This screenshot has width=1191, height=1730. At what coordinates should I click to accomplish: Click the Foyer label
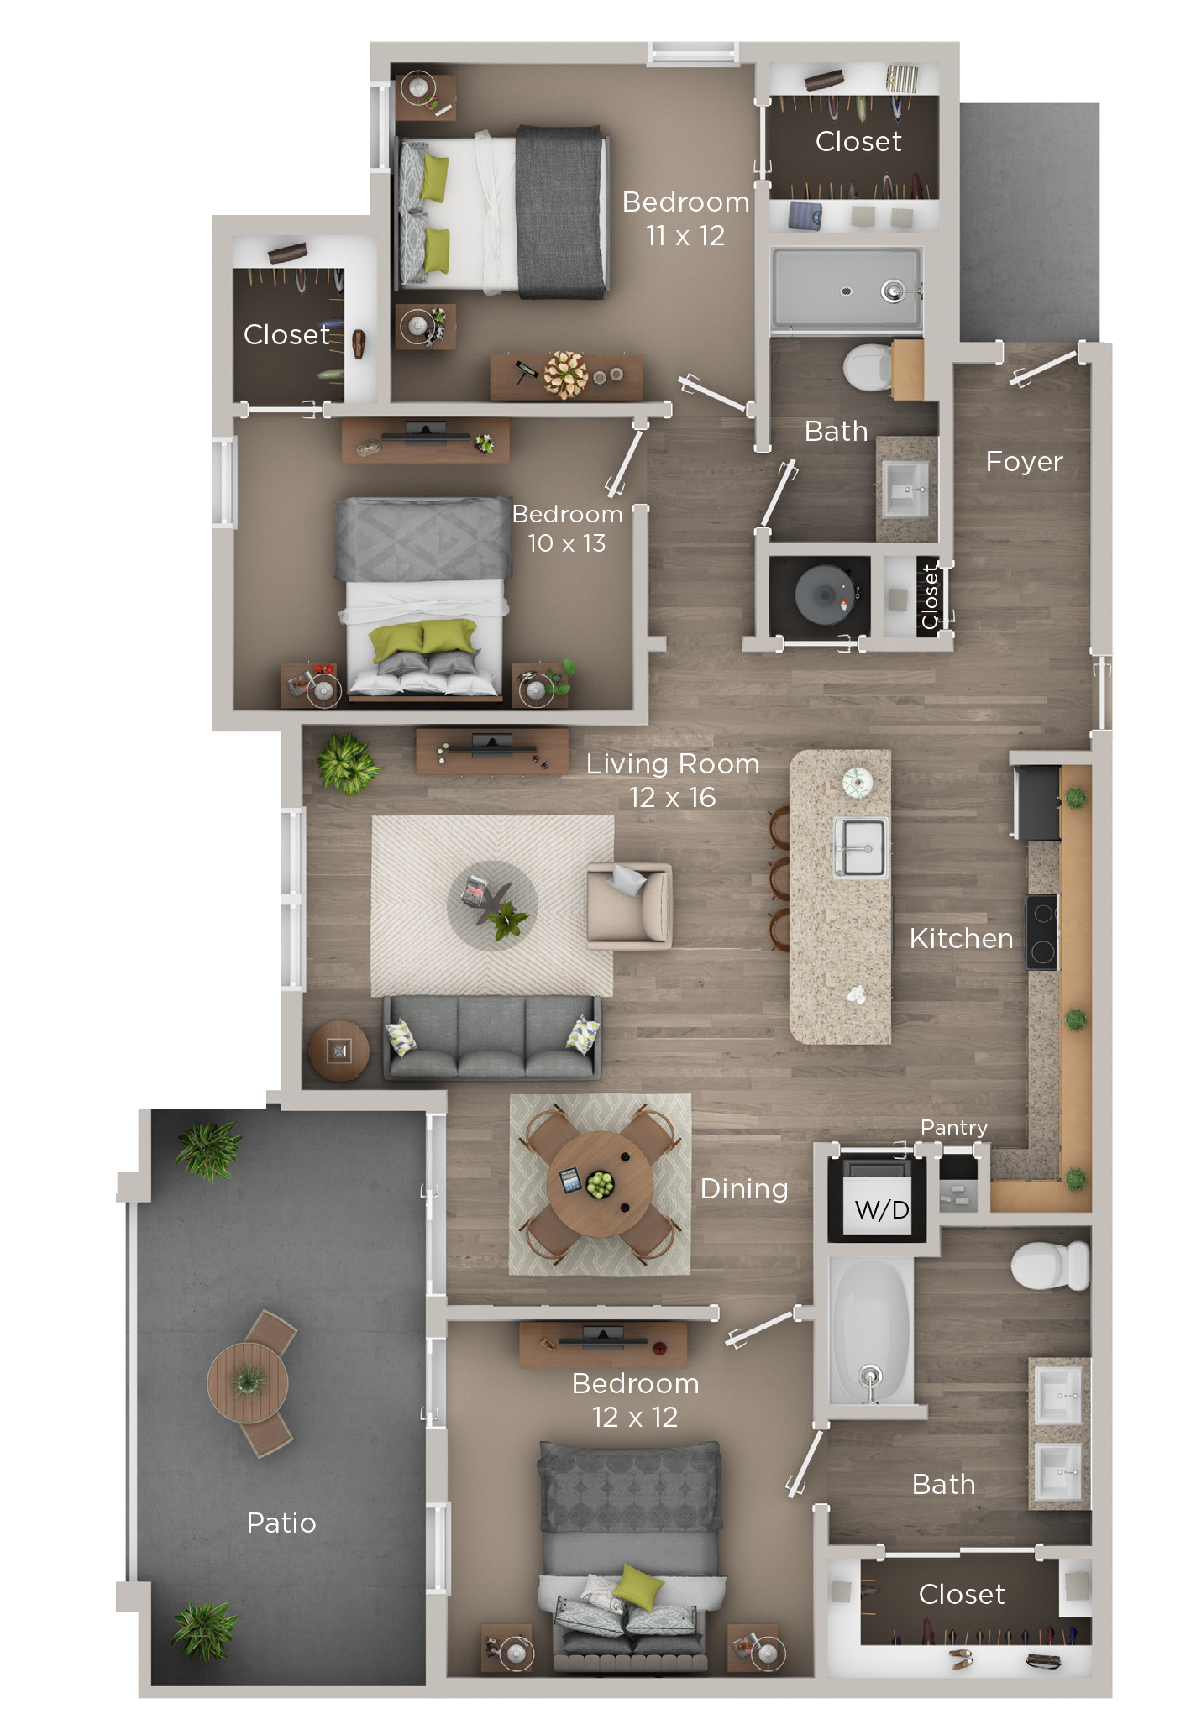1024,462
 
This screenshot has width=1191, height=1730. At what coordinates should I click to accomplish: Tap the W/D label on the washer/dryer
881,1210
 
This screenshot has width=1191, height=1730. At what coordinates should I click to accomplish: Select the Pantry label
953,1127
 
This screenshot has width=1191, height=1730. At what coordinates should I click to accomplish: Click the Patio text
281,1523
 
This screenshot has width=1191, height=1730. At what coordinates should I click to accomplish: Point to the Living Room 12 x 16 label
672,780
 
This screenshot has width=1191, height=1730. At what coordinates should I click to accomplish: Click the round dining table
600,1184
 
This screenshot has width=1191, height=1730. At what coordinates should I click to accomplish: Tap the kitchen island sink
860,848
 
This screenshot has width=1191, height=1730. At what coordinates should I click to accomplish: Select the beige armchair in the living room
630,906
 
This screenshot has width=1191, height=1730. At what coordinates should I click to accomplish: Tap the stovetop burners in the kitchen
1042,933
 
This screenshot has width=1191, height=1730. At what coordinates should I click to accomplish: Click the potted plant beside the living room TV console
346,763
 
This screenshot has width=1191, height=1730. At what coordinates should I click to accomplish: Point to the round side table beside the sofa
338,1051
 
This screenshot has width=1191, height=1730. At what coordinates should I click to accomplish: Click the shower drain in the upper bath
847,291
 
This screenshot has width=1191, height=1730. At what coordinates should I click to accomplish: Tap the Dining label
744,1189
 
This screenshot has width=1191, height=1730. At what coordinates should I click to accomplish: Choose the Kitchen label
961,938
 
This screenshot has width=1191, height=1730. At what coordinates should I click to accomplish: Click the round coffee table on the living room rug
492,905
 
